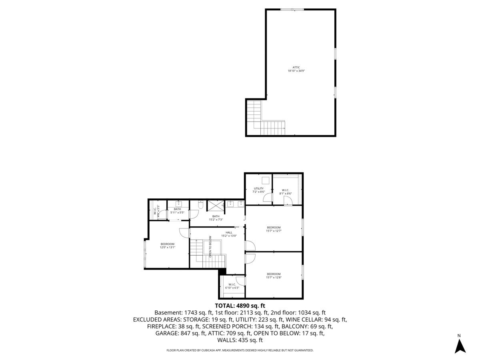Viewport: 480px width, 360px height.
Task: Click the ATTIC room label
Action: click(296, 69)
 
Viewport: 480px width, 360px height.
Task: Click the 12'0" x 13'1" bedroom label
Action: click(167, 246)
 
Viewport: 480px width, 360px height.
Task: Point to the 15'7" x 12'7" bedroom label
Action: click(274, 229)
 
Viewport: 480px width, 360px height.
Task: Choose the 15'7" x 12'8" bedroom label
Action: click(274, 276)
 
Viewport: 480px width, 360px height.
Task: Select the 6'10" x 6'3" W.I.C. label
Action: click(232, 286)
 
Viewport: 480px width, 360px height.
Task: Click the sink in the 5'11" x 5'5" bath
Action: click(178, 204)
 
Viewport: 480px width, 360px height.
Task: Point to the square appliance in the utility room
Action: click(265, 180)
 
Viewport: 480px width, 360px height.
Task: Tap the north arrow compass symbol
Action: click(460, 345)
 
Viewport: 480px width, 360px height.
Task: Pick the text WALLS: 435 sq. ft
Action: click(240, 340)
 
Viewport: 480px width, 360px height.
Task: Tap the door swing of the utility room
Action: click(268, 196)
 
